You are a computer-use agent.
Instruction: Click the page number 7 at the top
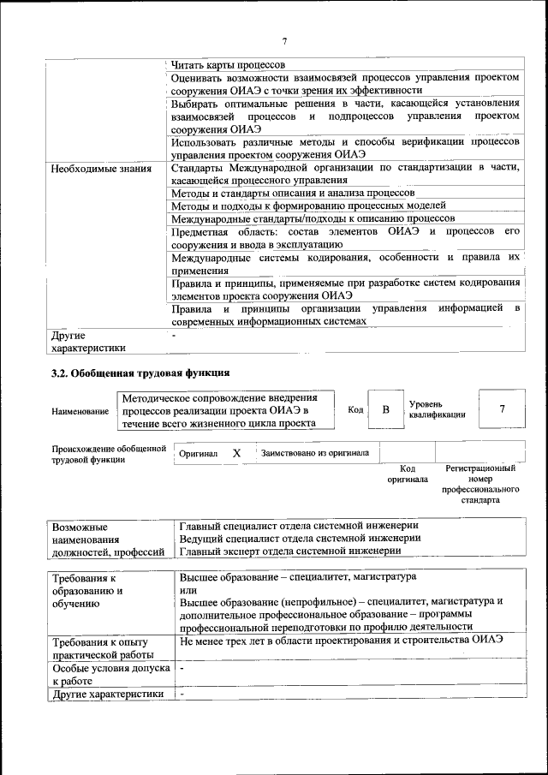pyautogui.click(x=283, y=42)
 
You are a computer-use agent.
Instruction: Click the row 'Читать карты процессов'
pyautogui.click(x=228, y=64)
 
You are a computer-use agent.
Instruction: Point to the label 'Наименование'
pyautogui.click(x=80, y=412)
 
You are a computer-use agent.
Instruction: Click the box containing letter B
pyautogui.click(x=385, y=410)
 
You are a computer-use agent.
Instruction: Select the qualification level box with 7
pyautogui.click(x=502, y=409)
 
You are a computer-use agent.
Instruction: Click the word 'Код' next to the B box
pyautogui.click(x=355, y=410)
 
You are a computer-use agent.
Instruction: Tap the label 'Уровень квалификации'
pyautogui.click(x=437, y=409)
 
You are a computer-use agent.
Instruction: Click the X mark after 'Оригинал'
pyautogui.click(x=237, y=452)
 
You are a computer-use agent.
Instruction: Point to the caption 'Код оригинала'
pyautogui.click(x=408, y=474)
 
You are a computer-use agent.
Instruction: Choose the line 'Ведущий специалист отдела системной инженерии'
pyautogui.click(x=300, y=538)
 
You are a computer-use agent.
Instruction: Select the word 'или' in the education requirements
pyautogui.click(x=188, y=590)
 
